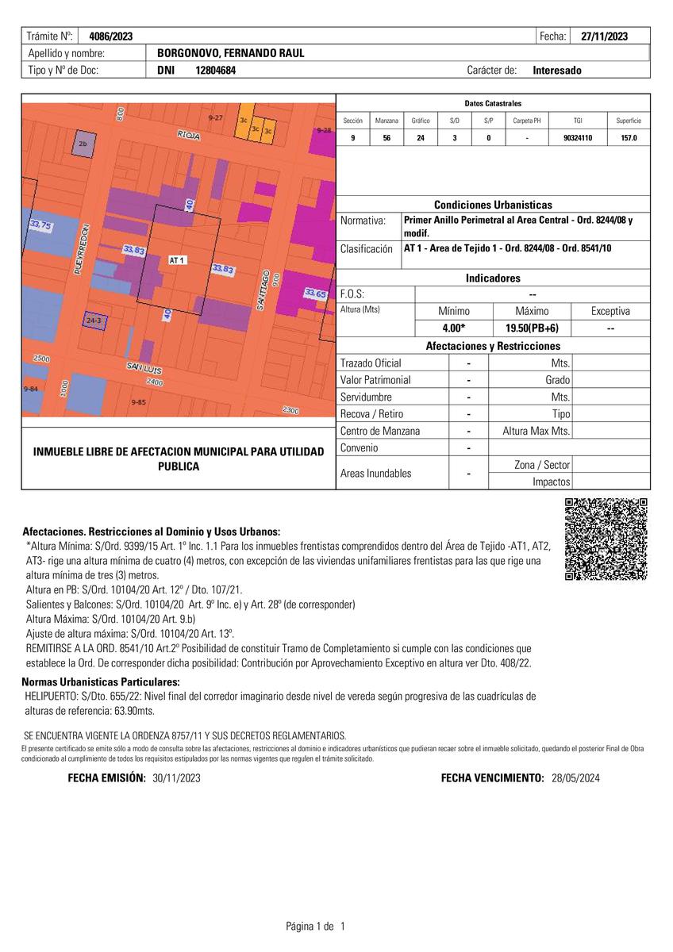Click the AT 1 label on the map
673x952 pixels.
tap(178, 260)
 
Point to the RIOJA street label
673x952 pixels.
tap(189, 136)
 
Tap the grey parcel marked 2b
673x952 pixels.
tap(83, 144)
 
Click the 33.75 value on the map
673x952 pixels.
tap(40, 226)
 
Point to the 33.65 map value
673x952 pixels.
tap(315, 294)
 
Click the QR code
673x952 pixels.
tap(606, 539)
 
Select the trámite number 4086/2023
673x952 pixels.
tap(111, 36)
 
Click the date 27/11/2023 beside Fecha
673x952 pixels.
tap(605, 36)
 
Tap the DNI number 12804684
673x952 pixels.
tap(216, 70)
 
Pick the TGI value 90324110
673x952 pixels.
tap(577, 138)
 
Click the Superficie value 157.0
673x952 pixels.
tap(628, 138)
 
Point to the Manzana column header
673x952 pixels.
tap(386, 121)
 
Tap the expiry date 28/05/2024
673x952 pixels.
tap(575, 778)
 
